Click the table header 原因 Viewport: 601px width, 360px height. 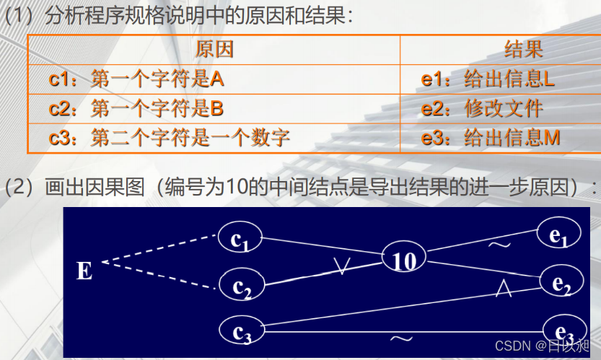pos(214,49)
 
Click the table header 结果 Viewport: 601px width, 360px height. pos(523,49)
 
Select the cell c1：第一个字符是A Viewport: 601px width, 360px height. pos(136,79)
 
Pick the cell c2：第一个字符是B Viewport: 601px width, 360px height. pos(136,108)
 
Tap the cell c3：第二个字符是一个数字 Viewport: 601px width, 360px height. pos(170,137)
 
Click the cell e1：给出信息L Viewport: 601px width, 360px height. pos(488,79)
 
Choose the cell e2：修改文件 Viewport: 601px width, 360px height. pos(482,108)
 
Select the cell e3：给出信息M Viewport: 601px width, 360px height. pos(491,137)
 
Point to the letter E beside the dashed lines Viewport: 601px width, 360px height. pos(84,271)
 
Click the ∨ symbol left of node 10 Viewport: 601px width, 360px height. pos(342,266)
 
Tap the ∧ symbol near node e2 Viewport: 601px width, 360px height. pos(504,289)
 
